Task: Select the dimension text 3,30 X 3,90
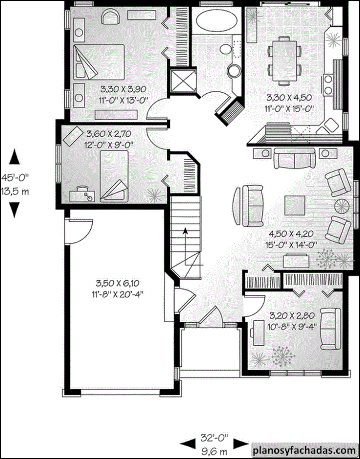coord(123,89)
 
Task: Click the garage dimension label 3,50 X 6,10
coord(117,283)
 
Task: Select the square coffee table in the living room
coord(295,205)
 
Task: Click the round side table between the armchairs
coord(342,206)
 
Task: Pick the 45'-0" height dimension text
coord(15,177)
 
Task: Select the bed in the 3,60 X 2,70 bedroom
coord(114,176)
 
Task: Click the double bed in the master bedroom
coord(100,62)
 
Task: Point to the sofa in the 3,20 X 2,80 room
coord(330,329)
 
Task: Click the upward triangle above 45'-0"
coord(14,157)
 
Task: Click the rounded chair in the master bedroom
coord(110,17)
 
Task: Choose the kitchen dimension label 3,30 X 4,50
coord(289,97)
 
